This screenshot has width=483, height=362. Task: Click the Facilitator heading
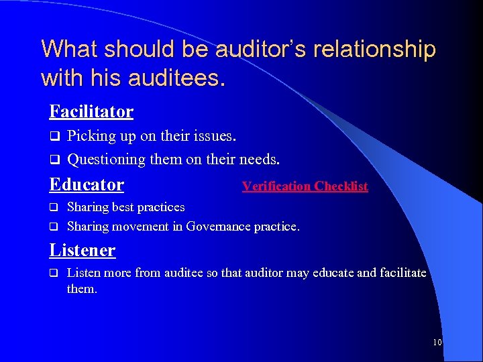91,111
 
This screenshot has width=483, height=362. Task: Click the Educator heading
87,184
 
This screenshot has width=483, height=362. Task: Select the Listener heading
83,251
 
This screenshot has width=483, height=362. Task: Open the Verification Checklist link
305,186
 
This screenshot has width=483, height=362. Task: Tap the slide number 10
437,343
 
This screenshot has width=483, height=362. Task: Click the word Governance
219,227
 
